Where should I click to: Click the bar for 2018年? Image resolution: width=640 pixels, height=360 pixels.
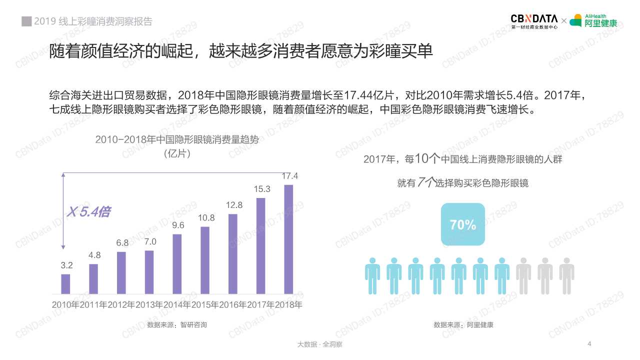pyautogui.click(x=288, y=239)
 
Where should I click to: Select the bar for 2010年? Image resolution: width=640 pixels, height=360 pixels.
pyautogui.click(x=65, y=284)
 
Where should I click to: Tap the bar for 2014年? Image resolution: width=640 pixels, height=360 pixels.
pyautogui.click(x=177, y=264)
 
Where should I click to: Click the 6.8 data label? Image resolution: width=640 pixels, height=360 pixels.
pyautogui.click(x=122, y=243)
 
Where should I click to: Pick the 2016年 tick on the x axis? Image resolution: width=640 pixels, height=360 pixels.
pyautogui.click(x=233, y=304)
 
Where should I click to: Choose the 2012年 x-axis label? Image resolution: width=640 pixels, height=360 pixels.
pyautogui.click(x=121, y=304)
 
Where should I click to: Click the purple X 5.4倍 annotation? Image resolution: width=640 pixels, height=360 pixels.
pyautogui.click(x=88, y=212)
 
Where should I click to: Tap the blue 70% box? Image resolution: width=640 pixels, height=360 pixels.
pyautogui.click(x=463, y=224)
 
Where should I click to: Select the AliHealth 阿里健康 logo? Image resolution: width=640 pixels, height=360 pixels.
pyautogui.click(x=594, y=21)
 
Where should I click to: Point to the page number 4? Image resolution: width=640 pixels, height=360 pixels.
pyautogui.click(x=590, y=343)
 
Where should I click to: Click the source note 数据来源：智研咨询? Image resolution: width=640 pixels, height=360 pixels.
pyautogui.click(x=177, y=325)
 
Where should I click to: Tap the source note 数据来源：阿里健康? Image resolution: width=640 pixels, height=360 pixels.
pyautogui.click(x=463, y=325)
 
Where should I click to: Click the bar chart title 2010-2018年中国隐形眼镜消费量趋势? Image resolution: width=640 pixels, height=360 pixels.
pyautogui.click(x=177, y=140)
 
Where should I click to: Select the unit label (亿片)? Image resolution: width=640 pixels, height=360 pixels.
pyautogui.click(x=177, y=154)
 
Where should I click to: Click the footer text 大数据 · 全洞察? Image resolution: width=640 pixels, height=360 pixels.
pyautogui.click(x=319, y=344)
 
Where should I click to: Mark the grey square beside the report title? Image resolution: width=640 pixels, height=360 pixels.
pyautogui.click(x=26, y=21)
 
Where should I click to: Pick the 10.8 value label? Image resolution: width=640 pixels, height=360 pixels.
pyautogui.click(x=206, y=218)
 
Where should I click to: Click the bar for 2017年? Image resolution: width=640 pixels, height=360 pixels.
pyautogui.click(x=260, y=246)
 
